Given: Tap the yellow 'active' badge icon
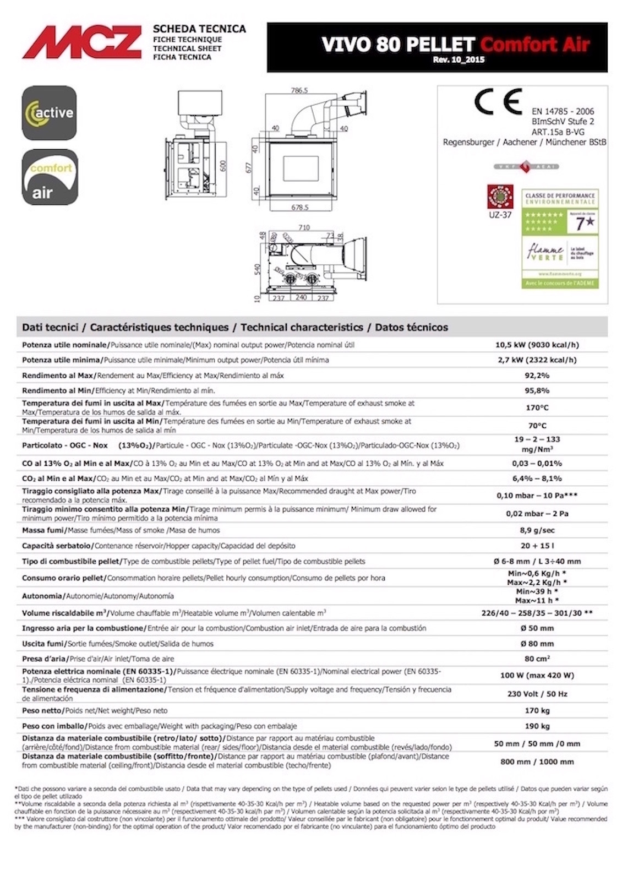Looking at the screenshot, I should coord(49,112).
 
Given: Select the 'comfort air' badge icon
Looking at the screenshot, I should coord(50,177).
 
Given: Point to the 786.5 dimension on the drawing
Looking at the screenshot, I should coord(299,90).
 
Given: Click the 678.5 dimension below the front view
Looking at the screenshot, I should coord(299,208).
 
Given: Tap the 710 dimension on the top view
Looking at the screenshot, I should coord(304,227).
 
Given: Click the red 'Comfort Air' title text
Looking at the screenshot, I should coord(534,44).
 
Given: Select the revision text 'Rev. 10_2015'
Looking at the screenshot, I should coord(459,60).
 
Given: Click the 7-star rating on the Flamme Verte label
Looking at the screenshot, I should coord(585,223).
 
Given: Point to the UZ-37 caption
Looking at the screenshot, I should coord(500,215).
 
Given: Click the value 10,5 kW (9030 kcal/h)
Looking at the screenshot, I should coord(537,345).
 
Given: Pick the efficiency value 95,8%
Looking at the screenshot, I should coord(537,390).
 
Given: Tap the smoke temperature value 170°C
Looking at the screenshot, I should coord(537,408).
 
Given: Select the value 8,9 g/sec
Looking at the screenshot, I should coord(537,530).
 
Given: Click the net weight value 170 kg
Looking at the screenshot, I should coord(537,710).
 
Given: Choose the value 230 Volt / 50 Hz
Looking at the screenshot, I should coord(537,694).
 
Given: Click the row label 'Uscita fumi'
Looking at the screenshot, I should coord(43,644).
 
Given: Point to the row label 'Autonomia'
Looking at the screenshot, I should coord(43,596).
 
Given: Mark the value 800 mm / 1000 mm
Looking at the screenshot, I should coord(537,762).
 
